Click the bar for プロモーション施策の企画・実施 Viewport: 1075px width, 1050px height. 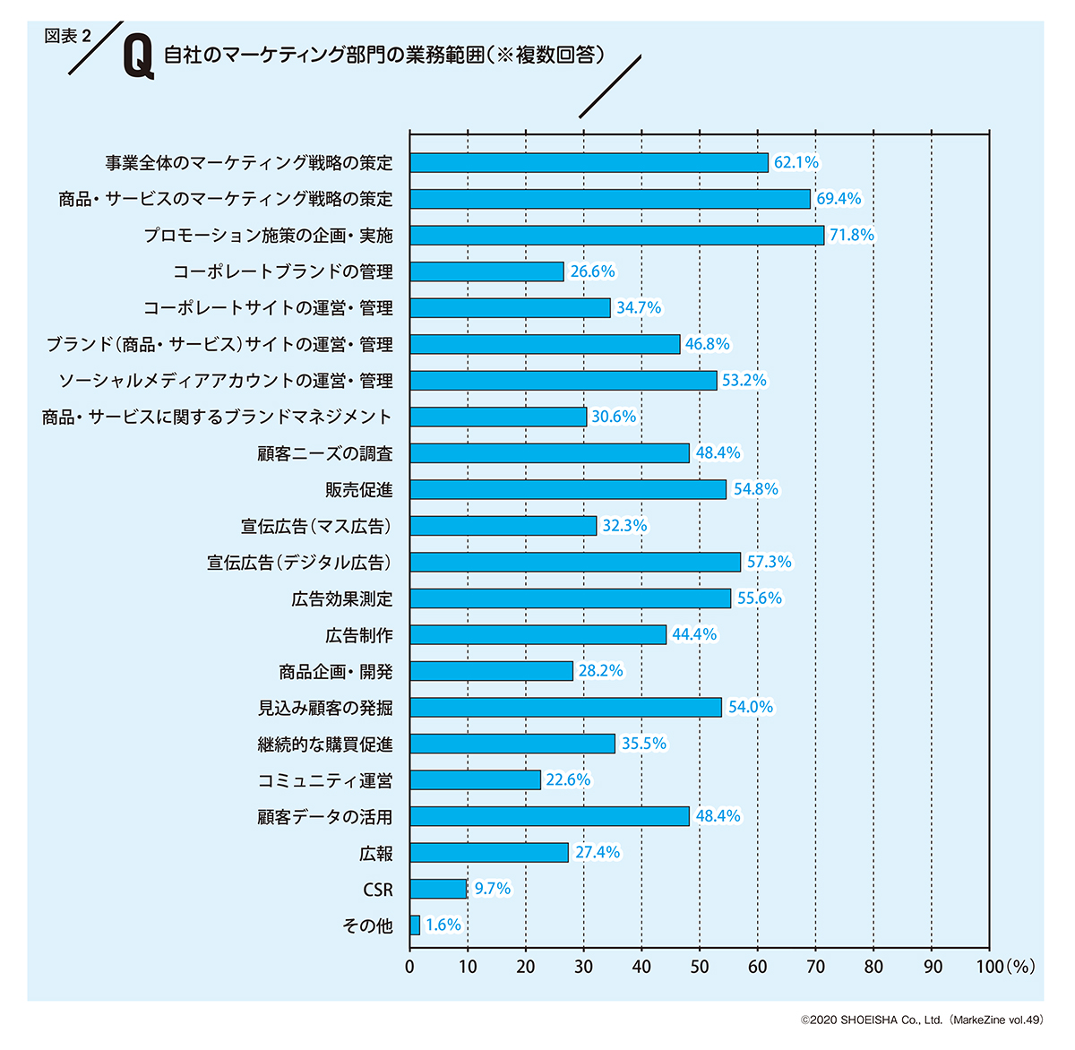(x=616, y=236)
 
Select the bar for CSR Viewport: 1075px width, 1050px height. (x=438, y=889)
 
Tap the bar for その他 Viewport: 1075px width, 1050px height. (x=415, y=925)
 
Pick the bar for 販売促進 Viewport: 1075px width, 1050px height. (x=568, y=489)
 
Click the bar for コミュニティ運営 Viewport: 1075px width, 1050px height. (x=475, y=780)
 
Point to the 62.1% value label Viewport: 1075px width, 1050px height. (x=796, y=162)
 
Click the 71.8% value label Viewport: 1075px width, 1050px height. (x=852, y=235)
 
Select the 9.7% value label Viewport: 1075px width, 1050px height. (x=493, y=889)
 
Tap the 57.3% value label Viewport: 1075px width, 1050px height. (x=770, y=562)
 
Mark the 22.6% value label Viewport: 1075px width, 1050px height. (x=568, y=779)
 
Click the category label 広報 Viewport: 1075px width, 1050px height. (x=376, y=853)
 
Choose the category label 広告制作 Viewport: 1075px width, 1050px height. (x=359, y=635)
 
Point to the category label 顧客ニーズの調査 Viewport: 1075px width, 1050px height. (x=325, y=453)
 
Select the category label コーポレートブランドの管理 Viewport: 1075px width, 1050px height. (x=283, y=271)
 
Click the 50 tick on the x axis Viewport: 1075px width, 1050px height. (x=700, y=967)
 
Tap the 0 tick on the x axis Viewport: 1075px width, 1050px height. (x=410, y=967)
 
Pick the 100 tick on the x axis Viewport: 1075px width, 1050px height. (x=990, y=967)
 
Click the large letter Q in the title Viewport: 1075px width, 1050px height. (x=138, y=56)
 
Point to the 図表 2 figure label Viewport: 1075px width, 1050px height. (x=68, y=36)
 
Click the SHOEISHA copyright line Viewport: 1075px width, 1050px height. (x=923, y=1020)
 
